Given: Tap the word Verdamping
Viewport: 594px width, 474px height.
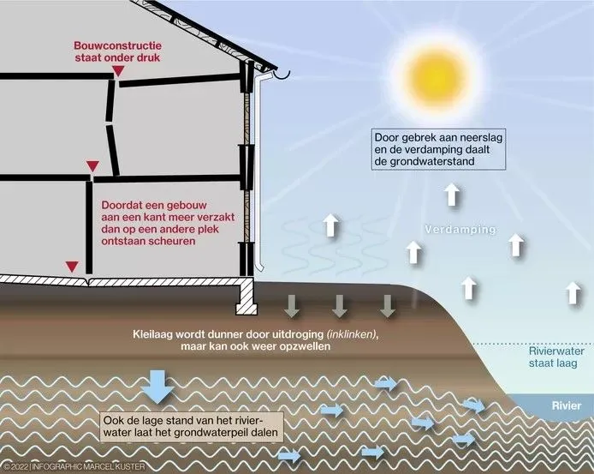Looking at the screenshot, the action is (460, 230).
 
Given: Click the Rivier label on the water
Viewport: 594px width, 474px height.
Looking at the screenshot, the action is (567, 405).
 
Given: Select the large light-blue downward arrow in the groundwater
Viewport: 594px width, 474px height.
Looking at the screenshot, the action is (157, 386).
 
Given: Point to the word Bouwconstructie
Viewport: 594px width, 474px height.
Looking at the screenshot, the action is (118, 45).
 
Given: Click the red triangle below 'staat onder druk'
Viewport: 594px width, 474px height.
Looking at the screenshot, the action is (119, 71).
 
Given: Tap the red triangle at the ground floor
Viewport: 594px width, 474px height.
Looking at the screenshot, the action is (72, 267).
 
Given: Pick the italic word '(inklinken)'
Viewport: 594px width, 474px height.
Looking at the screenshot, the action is (353, 335).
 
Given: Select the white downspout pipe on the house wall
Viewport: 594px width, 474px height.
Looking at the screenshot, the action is (258, 169).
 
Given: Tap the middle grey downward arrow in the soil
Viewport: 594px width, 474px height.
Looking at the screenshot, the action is (340, 306).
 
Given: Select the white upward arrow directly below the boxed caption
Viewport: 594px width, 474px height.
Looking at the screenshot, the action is (452, 194).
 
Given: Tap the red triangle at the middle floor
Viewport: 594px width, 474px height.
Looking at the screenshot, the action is (92, 166).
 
